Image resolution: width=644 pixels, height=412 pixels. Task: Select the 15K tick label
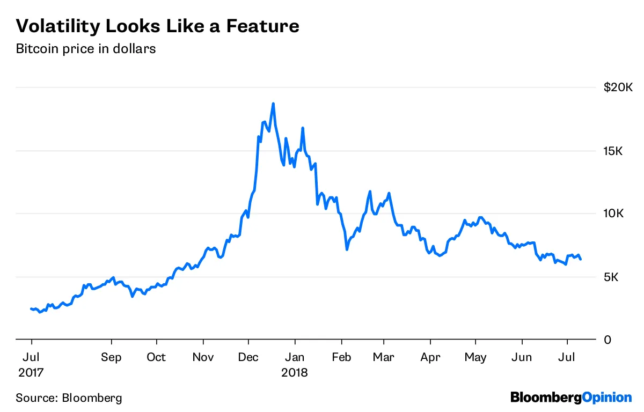[612, 151]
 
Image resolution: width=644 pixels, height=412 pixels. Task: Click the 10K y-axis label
[612, 214]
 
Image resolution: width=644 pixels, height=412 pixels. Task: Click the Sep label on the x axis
[111, 357]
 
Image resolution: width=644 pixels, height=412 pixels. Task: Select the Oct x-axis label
[156, 357]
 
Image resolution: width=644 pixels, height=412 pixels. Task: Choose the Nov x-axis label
[203, 357]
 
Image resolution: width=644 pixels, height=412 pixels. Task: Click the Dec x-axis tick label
[248, 357]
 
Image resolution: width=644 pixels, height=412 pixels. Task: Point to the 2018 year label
[294, 372]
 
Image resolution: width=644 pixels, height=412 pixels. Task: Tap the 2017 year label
[31, 372]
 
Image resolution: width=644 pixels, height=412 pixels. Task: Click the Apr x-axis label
[430, 357]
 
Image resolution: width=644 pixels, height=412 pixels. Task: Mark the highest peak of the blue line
[273, 104]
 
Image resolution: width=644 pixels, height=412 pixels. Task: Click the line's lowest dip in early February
[347, 249]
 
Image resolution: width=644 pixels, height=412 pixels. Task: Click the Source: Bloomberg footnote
[69, 398]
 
